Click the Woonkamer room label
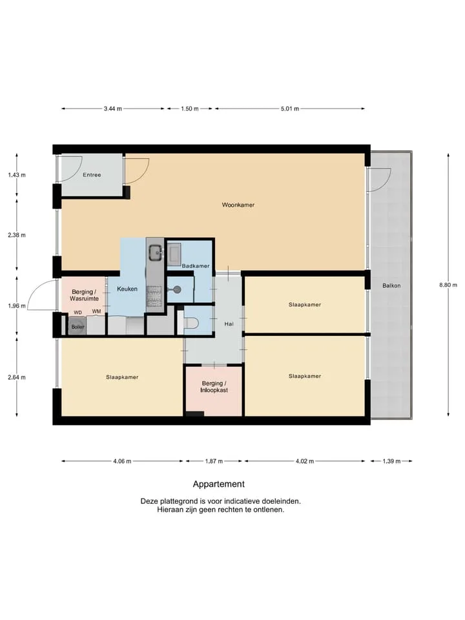coord(238,205)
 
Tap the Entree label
coord(92,175)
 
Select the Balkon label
coord(391,285)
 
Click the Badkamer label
coord(196,265)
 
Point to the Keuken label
coord(127,289)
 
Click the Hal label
coord(229,324)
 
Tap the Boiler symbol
coord(78,327)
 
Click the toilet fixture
coord(191,324)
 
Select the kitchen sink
coord(155,253)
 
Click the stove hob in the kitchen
coord(154,296)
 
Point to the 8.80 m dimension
coord(448,285)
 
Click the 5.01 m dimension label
coord(290,108)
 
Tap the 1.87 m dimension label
coord(214,461)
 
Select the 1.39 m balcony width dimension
coord(391,461)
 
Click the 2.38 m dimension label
coord(17,235)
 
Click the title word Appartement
coord(219,484)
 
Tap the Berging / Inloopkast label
coord(214,387)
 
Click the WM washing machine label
coord(96,311)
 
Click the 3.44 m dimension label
coord(112,108)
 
